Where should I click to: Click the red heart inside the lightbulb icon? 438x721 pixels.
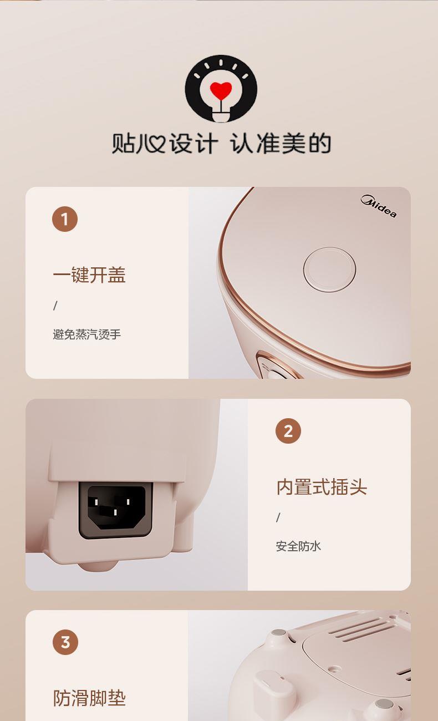221,90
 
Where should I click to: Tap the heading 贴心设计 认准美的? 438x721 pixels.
221,143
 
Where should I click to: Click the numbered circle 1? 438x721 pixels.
65,219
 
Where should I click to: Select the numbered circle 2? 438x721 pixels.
288,431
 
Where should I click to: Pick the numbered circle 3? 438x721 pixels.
65,642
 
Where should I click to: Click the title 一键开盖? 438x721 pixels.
89,275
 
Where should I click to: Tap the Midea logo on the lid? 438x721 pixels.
379,206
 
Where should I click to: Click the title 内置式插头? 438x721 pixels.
322,487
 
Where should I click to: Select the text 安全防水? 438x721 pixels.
298,546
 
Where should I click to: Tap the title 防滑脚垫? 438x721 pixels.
89,698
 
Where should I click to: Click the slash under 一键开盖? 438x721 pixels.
55,306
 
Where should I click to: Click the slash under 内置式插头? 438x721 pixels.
278,517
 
